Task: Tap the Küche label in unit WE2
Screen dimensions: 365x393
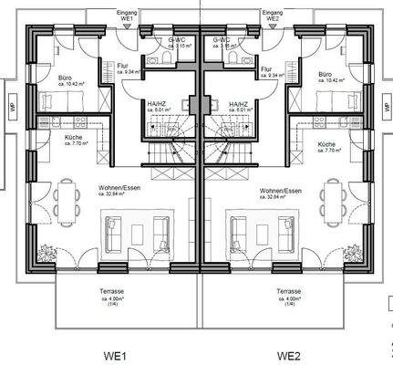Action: click(x=327, y=143)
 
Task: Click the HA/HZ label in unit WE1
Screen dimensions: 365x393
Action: click(x=159, y=104)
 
